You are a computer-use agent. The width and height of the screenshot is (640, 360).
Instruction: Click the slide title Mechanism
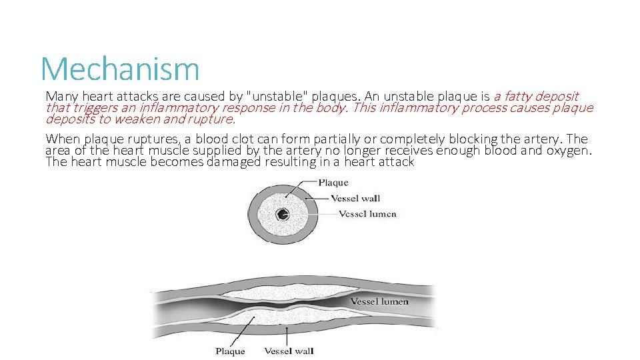click(x=120, y=69)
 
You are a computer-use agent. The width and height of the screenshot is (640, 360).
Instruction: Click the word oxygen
click(x=569, y=151)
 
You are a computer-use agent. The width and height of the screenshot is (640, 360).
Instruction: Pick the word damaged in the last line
click(x=234, y=162)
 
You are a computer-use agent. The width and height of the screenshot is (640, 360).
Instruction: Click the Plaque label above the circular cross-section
click(x=333, y=183)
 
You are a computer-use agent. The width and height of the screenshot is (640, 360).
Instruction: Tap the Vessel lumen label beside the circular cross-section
click(x=367, y=214)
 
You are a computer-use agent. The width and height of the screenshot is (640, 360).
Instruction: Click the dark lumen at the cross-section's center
click(x=283, y=214)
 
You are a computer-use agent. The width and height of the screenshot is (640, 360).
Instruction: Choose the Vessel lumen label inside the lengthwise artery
click(x=379, y=301)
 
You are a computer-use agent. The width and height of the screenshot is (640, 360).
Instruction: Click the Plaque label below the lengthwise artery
click(x=230, y=351)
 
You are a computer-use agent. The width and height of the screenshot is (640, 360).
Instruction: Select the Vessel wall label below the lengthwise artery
click(x=289, y=351)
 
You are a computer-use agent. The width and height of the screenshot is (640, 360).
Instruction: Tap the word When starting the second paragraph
click(x=63, y=139)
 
